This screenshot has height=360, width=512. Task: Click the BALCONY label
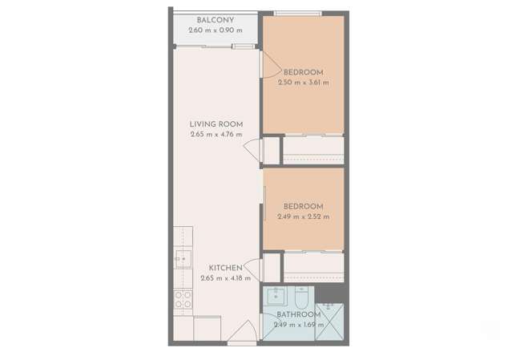click(x=215, y=20)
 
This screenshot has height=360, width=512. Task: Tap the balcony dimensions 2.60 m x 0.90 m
click(x=215, y=30)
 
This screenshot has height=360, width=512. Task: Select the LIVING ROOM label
click(x=216, y=124)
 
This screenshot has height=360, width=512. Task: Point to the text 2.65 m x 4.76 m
click(x=216, y=135)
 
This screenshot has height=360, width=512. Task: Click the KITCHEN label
click(x=225, y=268)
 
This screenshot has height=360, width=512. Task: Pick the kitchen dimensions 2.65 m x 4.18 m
click(x=225, y=278)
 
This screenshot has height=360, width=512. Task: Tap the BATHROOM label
click(x=298, y=315)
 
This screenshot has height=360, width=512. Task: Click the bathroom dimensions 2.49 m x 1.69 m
click(x=298, y=325)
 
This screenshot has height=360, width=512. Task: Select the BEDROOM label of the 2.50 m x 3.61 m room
click(x=303, y=72)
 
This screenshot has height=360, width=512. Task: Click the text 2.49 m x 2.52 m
click(x=303, y=216)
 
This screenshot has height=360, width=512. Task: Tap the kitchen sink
click(x=183, y=259)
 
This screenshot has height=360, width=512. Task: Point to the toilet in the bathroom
click(x=299, y=297)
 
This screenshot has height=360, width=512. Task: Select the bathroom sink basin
click(x=276, y=295)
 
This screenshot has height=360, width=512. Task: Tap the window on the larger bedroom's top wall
click(x=298, y=13)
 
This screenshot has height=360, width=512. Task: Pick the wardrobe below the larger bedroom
click(x=312, y=150)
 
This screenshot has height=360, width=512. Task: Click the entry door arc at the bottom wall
click(x=243, y=330)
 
